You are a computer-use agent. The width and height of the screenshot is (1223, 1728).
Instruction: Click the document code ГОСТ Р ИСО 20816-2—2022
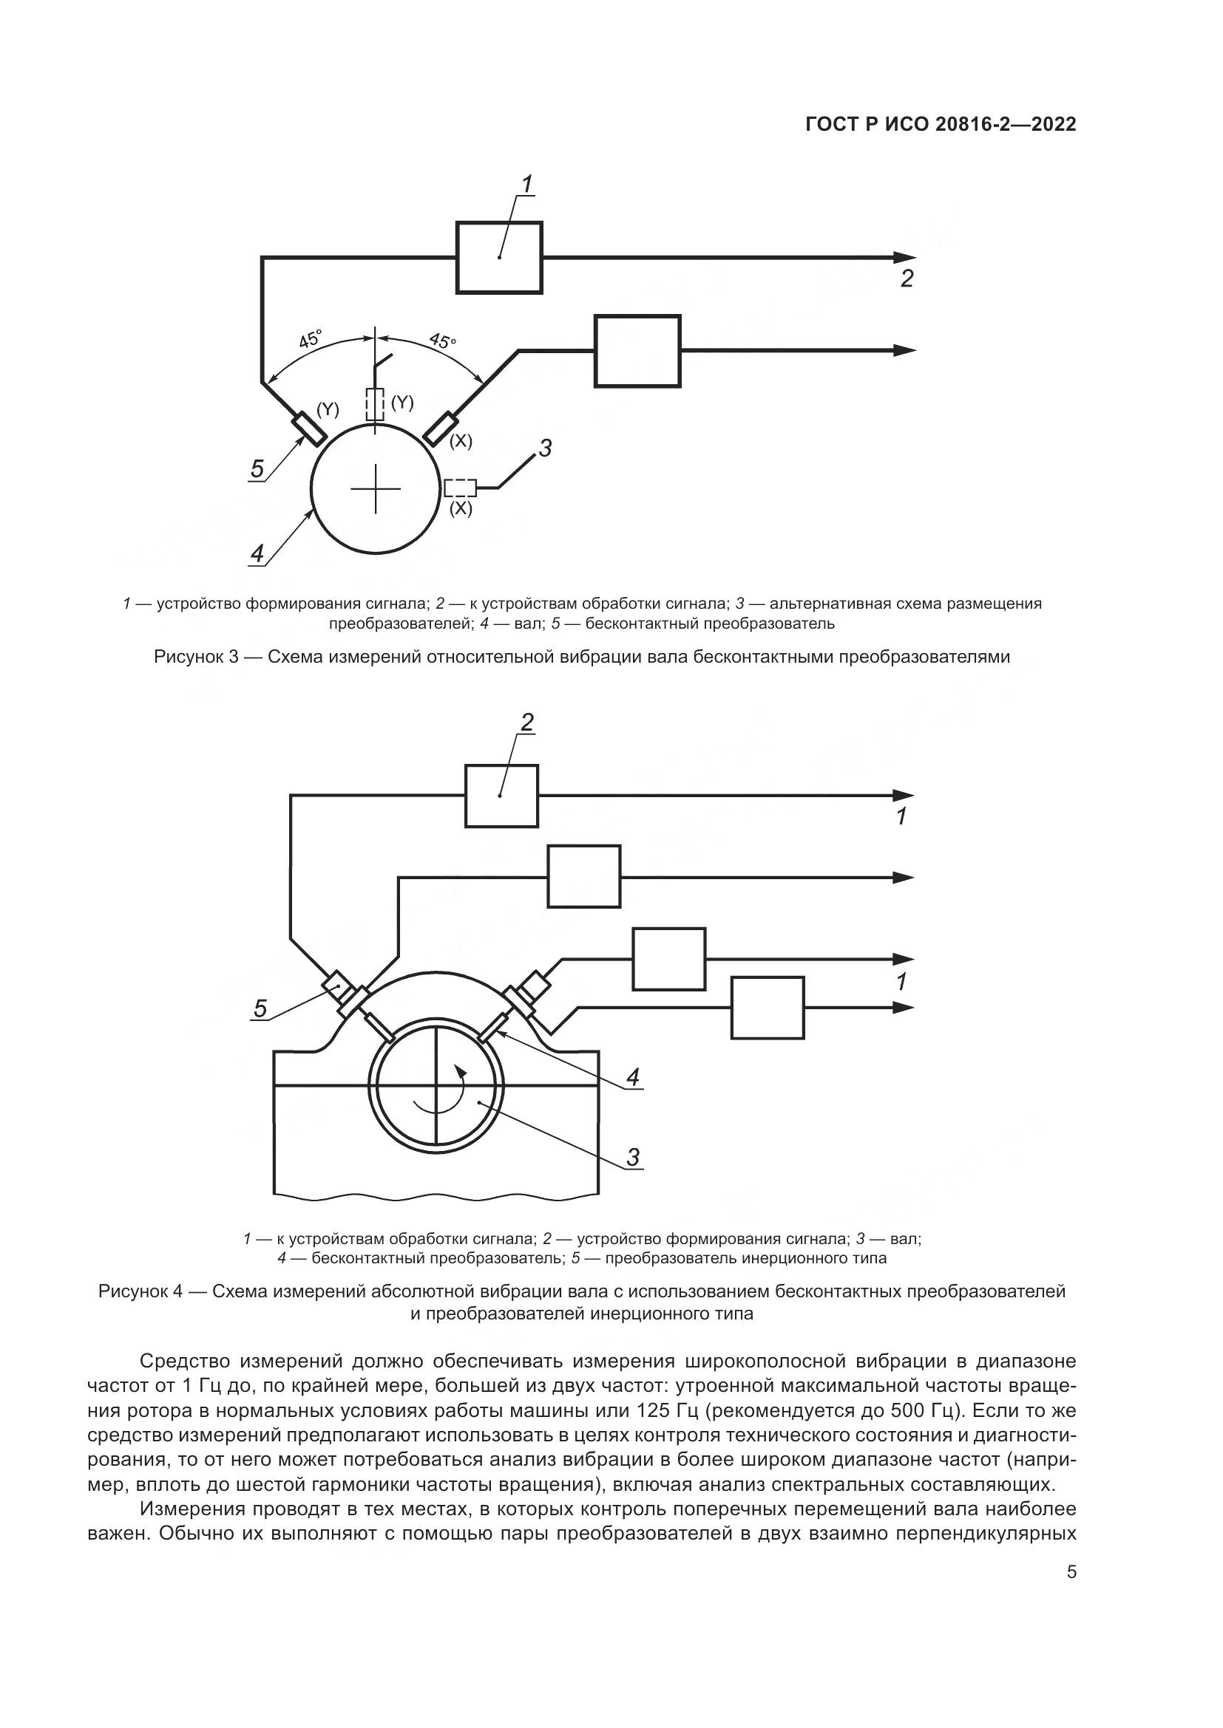coord(941,124)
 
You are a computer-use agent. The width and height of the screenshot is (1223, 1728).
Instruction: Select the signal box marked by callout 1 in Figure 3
coord(499,257)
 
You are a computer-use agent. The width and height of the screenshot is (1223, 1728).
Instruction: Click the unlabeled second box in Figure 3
coord(637,351)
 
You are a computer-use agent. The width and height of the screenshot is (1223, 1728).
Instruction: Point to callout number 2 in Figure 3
coord(907,279)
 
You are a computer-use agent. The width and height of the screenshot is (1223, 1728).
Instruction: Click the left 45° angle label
coord(311,338)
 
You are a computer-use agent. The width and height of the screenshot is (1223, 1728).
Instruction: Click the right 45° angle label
coord(442,341)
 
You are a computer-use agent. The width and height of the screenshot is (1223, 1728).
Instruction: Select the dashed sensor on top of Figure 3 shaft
coord(375,405)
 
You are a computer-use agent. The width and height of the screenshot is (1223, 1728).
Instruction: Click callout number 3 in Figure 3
coord(545,448)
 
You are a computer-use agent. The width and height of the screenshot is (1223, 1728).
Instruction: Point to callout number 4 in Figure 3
coord(257,554)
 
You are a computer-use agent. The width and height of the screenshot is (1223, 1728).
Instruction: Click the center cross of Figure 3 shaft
coord(376,488)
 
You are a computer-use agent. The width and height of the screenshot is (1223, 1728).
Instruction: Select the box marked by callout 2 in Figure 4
coord(501,796)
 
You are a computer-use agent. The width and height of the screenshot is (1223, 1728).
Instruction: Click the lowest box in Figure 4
coord(768,1008)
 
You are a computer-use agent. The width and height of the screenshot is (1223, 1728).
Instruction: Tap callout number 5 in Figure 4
coord(260,1008)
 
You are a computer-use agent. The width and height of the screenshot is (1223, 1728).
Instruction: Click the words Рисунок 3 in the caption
coord(196,657)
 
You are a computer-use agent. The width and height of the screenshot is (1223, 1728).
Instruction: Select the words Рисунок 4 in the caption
coord(140,1291)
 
